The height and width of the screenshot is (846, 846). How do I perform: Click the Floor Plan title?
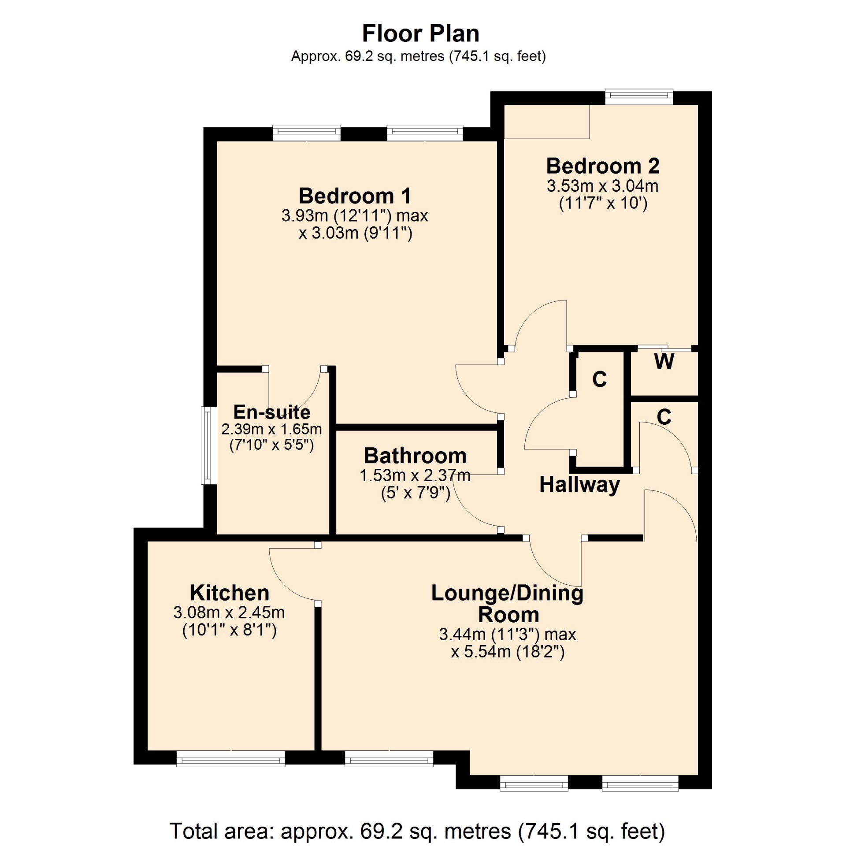[420, 33]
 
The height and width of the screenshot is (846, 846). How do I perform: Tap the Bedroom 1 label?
[355, 196]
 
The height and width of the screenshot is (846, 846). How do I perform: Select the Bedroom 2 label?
[603, 166]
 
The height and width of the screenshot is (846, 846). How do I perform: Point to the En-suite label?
[272, 412]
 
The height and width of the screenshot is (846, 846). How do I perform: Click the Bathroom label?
[415, 456]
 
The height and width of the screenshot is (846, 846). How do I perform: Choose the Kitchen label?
[230, 593]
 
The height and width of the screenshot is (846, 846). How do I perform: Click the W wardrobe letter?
[664, 362]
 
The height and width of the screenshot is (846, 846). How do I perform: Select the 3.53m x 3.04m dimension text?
[603, 186]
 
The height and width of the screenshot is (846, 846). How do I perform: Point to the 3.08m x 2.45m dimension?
[229, 612]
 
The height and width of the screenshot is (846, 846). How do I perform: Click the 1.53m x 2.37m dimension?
[415, 475]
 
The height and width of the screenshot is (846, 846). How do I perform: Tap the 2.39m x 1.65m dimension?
[271, 429]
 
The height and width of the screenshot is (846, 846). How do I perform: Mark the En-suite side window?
[209, 445]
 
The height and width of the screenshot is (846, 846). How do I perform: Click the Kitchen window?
[231, 759]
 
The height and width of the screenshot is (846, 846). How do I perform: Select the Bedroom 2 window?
[639, 96]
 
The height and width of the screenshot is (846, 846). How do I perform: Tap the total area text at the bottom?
[417, 831]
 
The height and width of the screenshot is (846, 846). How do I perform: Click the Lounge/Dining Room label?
[508, 604]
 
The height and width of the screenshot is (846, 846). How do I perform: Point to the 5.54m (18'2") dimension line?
[508, 651]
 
